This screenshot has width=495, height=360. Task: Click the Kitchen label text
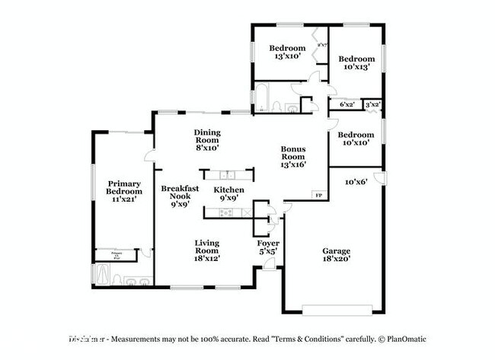pyautogui.click(x=228, y=189)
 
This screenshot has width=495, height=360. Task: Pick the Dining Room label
pyautogui.click(x=206, y=135)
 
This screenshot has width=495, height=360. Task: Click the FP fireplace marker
pyautogui.click(x=318, y=196)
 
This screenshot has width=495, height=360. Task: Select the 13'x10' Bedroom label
pyautogui.click(x=286, y=51)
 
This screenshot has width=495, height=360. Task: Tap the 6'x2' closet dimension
pyautogui.click(x=347, y=104)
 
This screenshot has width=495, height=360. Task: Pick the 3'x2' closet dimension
pyautogui.click(x=372, y=104)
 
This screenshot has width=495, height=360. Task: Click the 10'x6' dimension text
pyautogui.click(x=356, y=182)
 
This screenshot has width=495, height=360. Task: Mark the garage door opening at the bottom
pyautogui.click(x=337, y=309)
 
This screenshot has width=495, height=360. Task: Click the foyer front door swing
pyautogui.click(x=270, y=263)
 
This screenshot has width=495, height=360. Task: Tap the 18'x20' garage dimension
pyautogui.click(x=337, y=259)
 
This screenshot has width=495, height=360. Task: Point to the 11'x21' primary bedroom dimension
pyautogui.click(x=123, y=199)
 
